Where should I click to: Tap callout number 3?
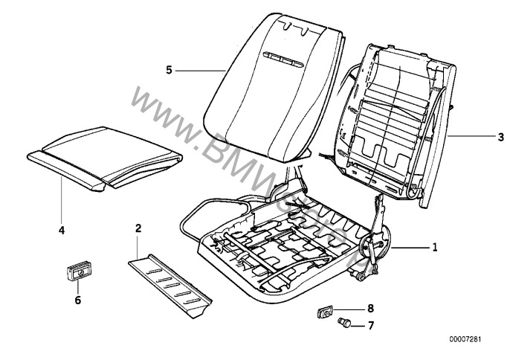click(480, 137)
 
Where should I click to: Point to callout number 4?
click(61, 231)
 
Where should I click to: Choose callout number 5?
click(170, 69)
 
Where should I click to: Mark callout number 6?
click(77, 301)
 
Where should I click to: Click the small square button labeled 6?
click(77, 274)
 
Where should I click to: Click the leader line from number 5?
click(201, 69)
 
